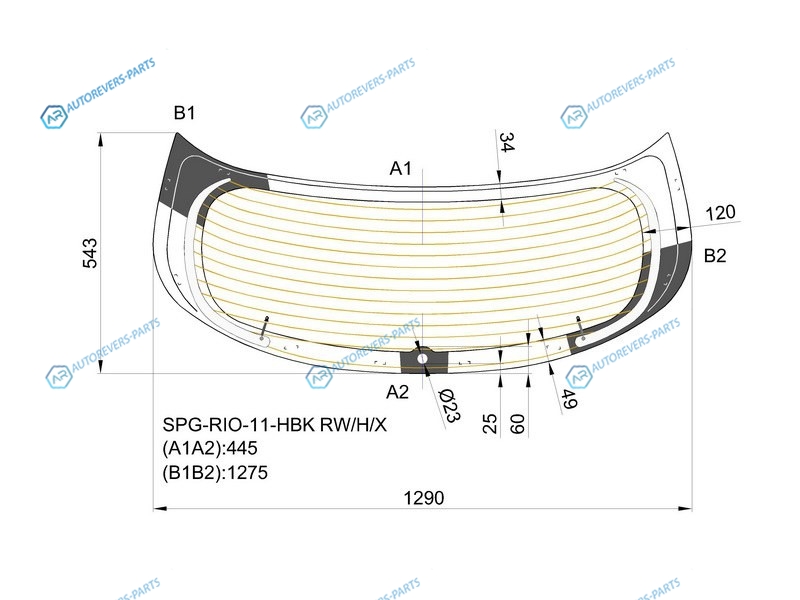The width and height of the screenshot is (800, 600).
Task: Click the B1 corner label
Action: tap(184, 113)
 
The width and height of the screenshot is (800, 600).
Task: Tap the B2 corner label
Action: tap(715, 255)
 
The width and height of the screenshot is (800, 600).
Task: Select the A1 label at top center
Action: tap(401, 168)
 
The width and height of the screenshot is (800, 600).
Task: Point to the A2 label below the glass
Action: tap(397, 392)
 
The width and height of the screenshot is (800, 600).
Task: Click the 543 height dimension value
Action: tap(90, 253)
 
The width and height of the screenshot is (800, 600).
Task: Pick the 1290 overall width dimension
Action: tap(423, 497)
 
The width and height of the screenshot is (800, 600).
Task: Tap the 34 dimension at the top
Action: tap(506, 142)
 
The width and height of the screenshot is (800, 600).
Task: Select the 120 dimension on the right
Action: tap(720, 212)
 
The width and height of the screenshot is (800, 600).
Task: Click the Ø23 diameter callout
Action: tap(449, 406)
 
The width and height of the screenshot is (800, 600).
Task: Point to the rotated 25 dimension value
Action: tap(490, 423)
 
